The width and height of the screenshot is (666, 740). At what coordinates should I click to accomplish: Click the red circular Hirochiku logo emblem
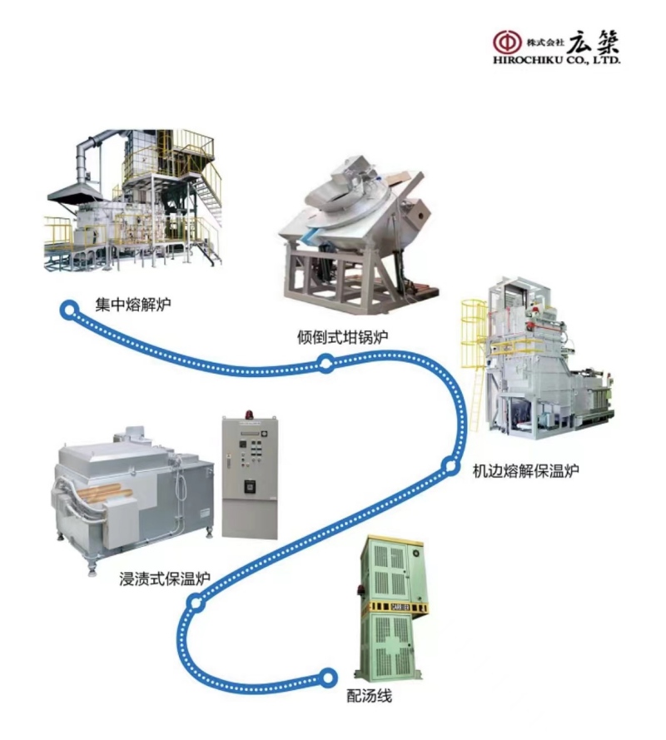coord(508,42)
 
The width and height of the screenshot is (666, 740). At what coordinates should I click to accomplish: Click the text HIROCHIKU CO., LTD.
coord(557,61)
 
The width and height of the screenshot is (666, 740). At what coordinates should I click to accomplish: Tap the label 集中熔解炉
coord(132,305)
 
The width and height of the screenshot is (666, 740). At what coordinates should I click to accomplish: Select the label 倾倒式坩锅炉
coord(342,337)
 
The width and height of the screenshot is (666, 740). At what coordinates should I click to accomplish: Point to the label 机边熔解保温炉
coord(526,470)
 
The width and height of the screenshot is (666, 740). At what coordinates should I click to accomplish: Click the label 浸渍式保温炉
coord(164,579)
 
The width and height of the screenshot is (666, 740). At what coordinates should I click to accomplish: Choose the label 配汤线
coord(369,696)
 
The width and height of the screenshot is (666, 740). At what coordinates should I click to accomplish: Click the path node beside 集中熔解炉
coord(69,310)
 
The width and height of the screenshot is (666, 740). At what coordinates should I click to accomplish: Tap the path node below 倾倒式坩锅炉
coord(326,363)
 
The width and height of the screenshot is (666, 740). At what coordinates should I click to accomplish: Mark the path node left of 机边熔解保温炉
coord(450,466)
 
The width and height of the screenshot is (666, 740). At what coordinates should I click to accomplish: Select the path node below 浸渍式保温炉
coord(195,603)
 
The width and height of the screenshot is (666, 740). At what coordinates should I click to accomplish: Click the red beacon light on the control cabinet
coord(250,415)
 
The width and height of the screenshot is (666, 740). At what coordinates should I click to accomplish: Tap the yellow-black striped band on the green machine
coord(396,607)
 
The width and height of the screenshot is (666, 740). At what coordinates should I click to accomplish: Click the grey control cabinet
coord(250,477)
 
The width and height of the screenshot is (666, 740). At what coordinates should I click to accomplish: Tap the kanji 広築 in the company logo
coord(593,42)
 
